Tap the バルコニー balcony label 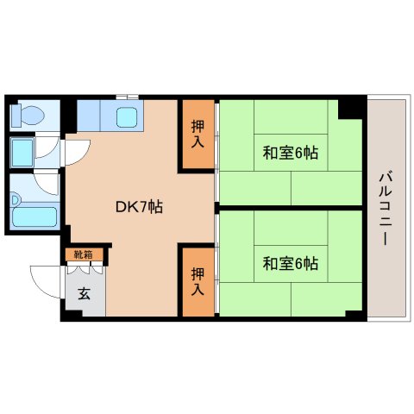pyautogui.click(x=386, y=207)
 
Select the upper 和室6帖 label pyautogui.click(x=291, y=154)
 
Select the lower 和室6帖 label pyautogui.click(x=291, y=262)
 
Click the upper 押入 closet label pyautogui.click(x=198, y=135)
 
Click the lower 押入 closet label pyautogui.click(x=198, y=281)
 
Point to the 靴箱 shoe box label pyautogui.click(x=85, y=255)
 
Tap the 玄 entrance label pyautogui.click(x=85, y=293)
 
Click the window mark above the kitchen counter pyautogui.click(x=127, y=96)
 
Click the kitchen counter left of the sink pyautogui.click(x=91, y=115)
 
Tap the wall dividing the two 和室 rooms pyautogui.click(x=289, y=207)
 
